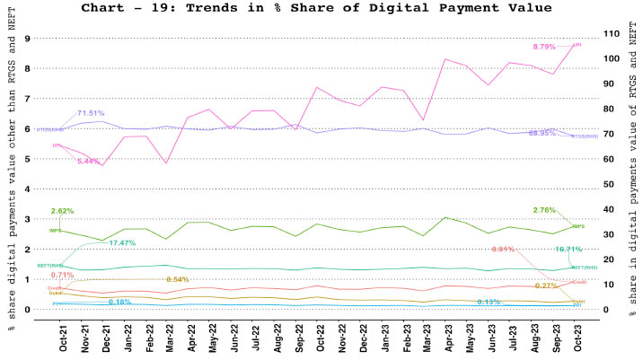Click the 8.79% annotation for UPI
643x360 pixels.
click(544, 47)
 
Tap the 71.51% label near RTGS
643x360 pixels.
click(90, 113)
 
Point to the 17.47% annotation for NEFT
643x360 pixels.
click(121, 243)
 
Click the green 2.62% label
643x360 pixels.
click(63, 211)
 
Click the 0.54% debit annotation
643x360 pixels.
click(177, 280)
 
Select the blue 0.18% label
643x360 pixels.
click(120, 302)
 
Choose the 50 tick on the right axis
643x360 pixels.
click(611, 184)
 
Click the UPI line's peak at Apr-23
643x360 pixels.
click(445, 59)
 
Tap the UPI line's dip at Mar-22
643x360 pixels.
click(167, 162)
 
